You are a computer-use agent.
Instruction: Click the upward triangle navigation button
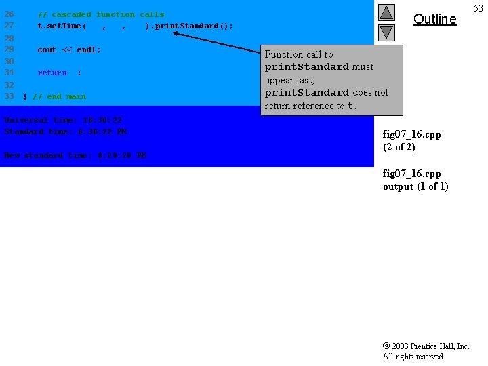tap(386, 13)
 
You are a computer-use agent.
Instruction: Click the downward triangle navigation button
tap(386, 32)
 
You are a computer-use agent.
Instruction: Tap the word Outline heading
tap(434, 19)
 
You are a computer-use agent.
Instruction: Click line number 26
tap(9, 14)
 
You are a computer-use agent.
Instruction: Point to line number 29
tap(9, 49)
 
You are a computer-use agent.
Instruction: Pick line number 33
tap(9, 96)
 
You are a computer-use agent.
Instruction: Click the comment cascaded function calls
tap(101, 14)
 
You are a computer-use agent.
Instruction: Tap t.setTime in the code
tap(62, 26)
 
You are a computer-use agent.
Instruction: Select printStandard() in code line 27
tap(192, 26)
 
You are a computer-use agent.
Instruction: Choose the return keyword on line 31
tap(52, 73)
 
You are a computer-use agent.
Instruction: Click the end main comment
tap(59, 96)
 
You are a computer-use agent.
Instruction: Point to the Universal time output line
tap(63, 120)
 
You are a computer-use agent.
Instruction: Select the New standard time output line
tap(75, 155)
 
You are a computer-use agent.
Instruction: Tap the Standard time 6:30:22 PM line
tap(65, 131)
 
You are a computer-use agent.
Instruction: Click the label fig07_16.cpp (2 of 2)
tap(411, 140)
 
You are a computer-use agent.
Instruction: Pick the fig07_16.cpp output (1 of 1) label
tap(415, 180)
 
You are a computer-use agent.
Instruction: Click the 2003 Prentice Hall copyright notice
tap(426, 351)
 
